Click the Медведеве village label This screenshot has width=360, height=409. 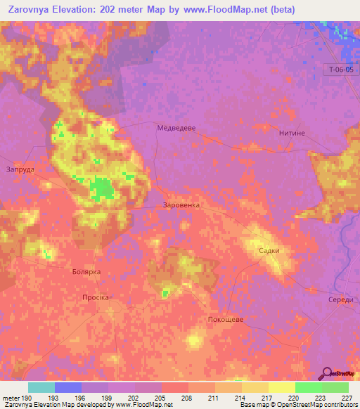[175, 128]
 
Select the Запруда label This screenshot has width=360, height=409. [20, 169]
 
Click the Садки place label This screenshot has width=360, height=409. [269, 250]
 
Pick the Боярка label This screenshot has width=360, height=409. [86, 271]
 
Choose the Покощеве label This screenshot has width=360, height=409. [226, 319]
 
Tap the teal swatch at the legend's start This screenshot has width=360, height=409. [41, 387]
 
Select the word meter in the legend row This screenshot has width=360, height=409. [11, 398]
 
